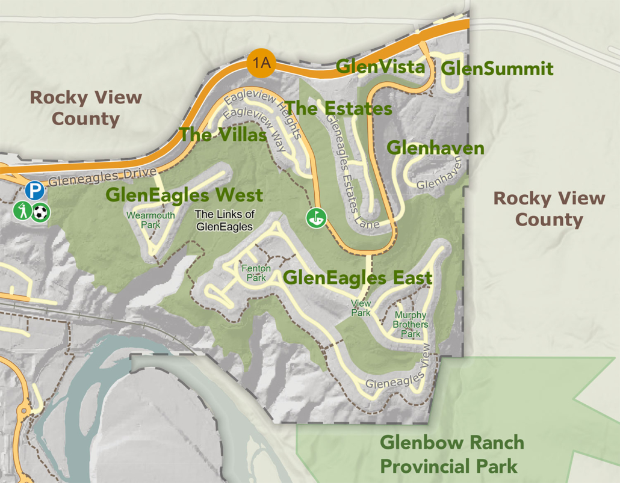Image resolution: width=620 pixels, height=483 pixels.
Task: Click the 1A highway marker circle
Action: [x=261, y=62]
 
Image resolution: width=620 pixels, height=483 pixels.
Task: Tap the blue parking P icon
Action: [x=35, y=192]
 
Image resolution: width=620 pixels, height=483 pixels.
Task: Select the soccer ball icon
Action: [x=41, y=212]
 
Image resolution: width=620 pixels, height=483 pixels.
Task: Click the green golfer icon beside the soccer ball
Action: [x=23, y=211]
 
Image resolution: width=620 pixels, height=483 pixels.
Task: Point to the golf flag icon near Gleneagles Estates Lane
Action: [x=315, y=218]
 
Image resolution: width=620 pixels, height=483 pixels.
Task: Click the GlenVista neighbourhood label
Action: [x=380, y=67]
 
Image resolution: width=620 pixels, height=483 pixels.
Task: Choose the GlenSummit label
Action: [x=497, y=69]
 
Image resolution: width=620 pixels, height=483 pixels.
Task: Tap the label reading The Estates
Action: [x=339, y=108]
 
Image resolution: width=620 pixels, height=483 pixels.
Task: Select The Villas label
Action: [x=223, y=135]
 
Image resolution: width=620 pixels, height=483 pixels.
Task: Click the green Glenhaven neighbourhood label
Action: [x=435, y=147]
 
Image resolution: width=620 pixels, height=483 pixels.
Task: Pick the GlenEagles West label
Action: [x=184, y=195]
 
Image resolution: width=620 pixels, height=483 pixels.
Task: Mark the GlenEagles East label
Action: [x=358, y=278]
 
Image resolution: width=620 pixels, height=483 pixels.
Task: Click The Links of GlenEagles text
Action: [x=225, y=220]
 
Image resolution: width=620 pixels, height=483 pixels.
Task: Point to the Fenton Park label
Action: [x=256, y=273]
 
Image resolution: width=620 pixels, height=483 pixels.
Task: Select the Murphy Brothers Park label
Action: [x=411, y=324]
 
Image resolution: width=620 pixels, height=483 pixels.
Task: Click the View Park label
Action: [x=361, y=308]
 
